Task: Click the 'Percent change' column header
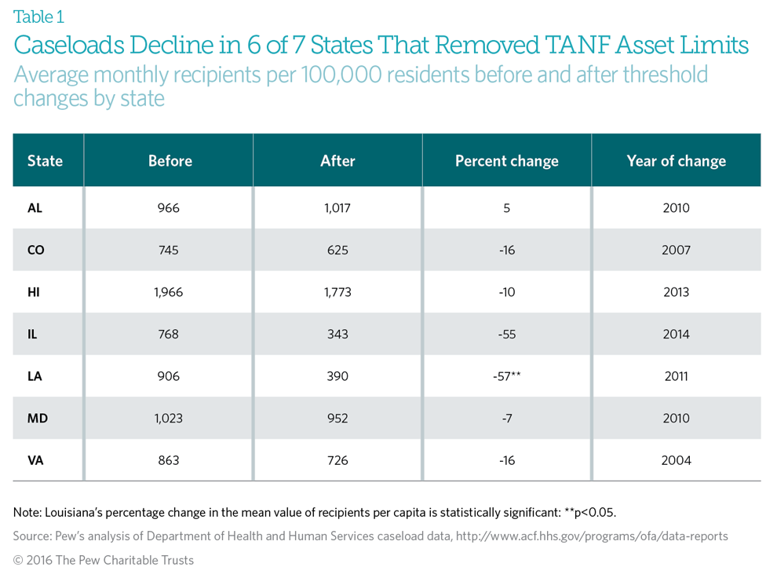(x=506, y=161)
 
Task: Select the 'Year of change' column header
(x=676, y=161)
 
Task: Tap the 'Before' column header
(x=170, y=161)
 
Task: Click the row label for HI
(x=34, y=292)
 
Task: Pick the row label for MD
(x=37, y=419)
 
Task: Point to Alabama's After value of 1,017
(x=337, y=208)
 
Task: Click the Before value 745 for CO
(x=168, y=251)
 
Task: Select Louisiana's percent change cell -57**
(x=506, y=376)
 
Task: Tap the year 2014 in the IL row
(x=676, y=335)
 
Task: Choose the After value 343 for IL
(x=337, y=335)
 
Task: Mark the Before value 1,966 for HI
(x=168, y=292)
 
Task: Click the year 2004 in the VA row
(x=676, y=460)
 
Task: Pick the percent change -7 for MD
(x=506, y=419)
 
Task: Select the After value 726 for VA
(x=337, y=460)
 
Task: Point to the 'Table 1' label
(x=39, y=16)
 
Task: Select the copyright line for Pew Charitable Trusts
(x=103, y=560)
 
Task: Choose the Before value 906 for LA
(x=168, y=376)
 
